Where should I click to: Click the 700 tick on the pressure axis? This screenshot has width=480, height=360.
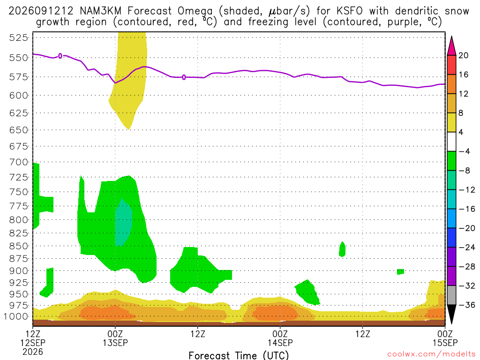point(19,162)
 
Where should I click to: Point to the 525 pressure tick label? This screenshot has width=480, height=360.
point(19,38)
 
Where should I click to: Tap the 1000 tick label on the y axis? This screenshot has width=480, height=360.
point(16,316)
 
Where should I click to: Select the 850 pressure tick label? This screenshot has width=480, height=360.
point(19,246)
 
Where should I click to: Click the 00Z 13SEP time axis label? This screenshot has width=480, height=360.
point(115,338)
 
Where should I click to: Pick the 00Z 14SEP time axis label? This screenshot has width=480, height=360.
point(280,338)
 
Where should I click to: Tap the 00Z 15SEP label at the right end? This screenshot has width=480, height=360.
point(445,338)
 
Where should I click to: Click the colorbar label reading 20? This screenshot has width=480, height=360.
point(463,55)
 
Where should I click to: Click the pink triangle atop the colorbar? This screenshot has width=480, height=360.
point(451,46)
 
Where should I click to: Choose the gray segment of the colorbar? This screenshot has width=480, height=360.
point(451,295)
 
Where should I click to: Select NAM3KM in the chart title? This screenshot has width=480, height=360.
point(101,11)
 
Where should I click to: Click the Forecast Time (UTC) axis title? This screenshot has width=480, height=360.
point(239,355)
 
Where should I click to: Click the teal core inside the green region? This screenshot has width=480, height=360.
point(123,222)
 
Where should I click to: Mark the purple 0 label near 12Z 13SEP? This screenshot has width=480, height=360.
point(184,77)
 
